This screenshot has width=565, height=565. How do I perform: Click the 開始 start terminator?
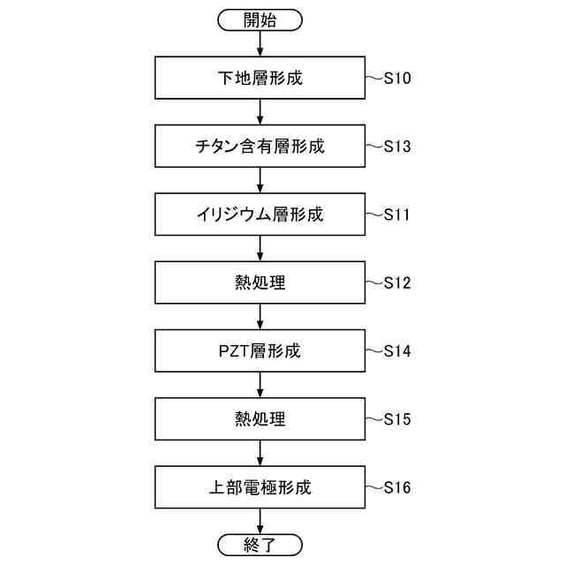click(x=260, y=19)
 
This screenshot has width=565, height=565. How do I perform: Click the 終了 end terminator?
click(x=260, y=544)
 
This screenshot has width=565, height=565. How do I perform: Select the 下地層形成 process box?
click(x=260, y=78)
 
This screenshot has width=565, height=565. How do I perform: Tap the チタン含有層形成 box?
click(x=260, y=146)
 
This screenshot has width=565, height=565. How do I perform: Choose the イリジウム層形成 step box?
click(x=260, y=215)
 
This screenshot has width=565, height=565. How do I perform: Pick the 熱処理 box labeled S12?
click(x=260, y=282)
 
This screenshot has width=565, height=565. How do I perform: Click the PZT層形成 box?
click(x=260, y=350)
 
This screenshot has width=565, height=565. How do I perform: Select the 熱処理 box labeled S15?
click(x=260, y=418)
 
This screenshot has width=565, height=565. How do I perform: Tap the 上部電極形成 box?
click(x=260, y=486)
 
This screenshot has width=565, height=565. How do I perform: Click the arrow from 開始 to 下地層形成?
click(x=260, y=43)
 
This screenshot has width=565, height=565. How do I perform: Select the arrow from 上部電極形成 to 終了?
click(x=260, y=521)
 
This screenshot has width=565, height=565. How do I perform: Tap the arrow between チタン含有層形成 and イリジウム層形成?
click(x=260, y=180)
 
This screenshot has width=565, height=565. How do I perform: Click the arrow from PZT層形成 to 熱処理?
click(x=260, y=385)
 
